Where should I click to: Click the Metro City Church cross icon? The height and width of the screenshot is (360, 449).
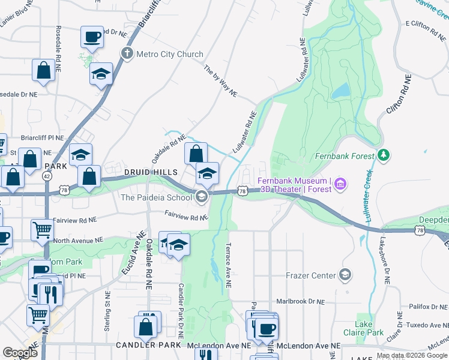pos(127,54)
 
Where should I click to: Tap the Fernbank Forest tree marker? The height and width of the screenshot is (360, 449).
pos(384,156)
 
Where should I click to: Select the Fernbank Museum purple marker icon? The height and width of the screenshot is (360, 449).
pos(341,182)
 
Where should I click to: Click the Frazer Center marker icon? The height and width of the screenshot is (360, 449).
pos(345,275)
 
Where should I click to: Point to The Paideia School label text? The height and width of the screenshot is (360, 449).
pos(156,197)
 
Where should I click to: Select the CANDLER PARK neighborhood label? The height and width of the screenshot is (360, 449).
pos(148,346)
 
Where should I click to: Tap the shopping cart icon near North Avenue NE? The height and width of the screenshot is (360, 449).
pos(42,229)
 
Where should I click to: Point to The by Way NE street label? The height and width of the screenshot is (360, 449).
pos(220,81)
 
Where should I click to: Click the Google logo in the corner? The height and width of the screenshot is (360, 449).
pos(20,353)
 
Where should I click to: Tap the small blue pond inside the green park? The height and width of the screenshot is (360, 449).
pos(340,91)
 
